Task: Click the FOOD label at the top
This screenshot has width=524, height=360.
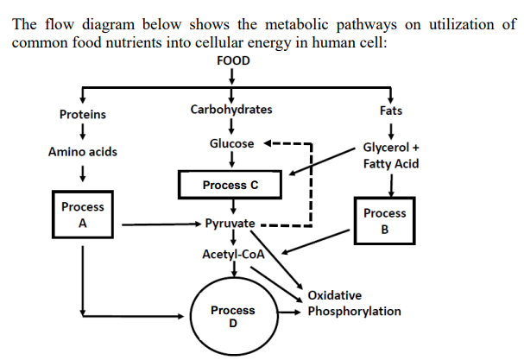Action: [230, 60]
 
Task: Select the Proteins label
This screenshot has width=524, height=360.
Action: [82, 114]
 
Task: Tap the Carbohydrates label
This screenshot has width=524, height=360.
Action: [230, 110]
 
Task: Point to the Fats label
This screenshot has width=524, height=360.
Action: [391, 111]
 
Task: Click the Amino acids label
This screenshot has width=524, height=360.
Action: [83, 152]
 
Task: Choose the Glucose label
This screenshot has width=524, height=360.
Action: [231, 143]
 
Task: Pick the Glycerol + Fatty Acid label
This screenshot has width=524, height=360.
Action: [392, 155]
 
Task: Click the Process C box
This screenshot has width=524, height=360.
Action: [230, 185]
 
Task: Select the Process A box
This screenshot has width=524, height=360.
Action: [83, 215]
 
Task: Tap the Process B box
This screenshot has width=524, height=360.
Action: [385, 221]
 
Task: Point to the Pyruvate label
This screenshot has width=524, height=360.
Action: [230, 224]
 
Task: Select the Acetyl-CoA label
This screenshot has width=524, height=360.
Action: [231, 254]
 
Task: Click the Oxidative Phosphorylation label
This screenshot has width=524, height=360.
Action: [354, 304]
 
